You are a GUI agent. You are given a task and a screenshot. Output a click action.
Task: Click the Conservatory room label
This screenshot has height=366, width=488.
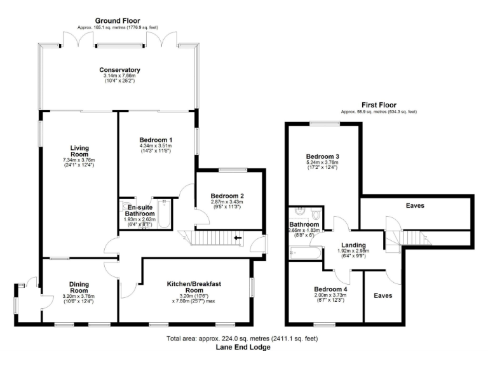[x=119, y=70]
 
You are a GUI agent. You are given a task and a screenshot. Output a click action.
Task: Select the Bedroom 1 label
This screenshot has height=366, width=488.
[x=155, y=140]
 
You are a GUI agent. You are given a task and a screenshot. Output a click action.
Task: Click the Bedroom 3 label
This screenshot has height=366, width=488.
[x=322, y=156]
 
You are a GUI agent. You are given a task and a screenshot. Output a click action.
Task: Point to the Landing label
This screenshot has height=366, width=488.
[x=353, y=245]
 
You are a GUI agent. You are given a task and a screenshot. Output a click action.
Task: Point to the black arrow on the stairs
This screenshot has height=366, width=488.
[x=238, y=239]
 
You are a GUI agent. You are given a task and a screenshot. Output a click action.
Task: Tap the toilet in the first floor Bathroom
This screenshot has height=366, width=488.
[x=316, y=214]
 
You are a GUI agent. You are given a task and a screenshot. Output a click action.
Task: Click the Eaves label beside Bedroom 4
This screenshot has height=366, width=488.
[x=383, y=295]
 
